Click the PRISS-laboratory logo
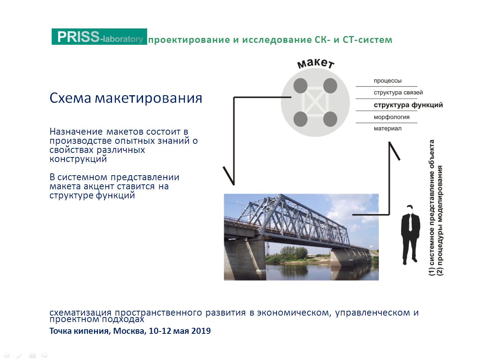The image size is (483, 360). coord(99,36)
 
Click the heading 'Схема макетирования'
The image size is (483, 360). coord(126,98)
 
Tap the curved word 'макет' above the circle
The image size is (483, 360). coord(315,63)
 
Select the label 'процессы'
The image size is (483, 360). coord(387,81)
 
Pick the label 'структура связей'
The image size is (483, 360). coord(398,92)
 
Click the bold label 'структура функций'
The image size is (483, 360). coord(408,105)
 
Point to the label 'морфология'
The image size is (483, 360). coord(392,117)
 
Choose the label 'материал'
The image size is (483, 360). coord(387,129)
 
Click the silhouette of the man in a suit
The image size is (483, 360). coord(410,235)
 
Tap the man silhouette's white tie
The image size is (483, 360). coord(411,222)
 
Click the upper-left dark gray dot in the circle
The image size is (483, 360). coord(300,86)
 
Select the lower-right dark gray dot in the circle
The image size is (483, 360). coord(330,119)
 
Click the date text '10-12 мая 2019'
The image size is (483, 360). coord(180,331)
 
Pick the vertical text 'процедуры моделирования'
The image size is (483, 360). coord(440,220)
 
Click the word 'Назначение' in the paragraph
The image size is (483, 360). coord(76,132)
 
